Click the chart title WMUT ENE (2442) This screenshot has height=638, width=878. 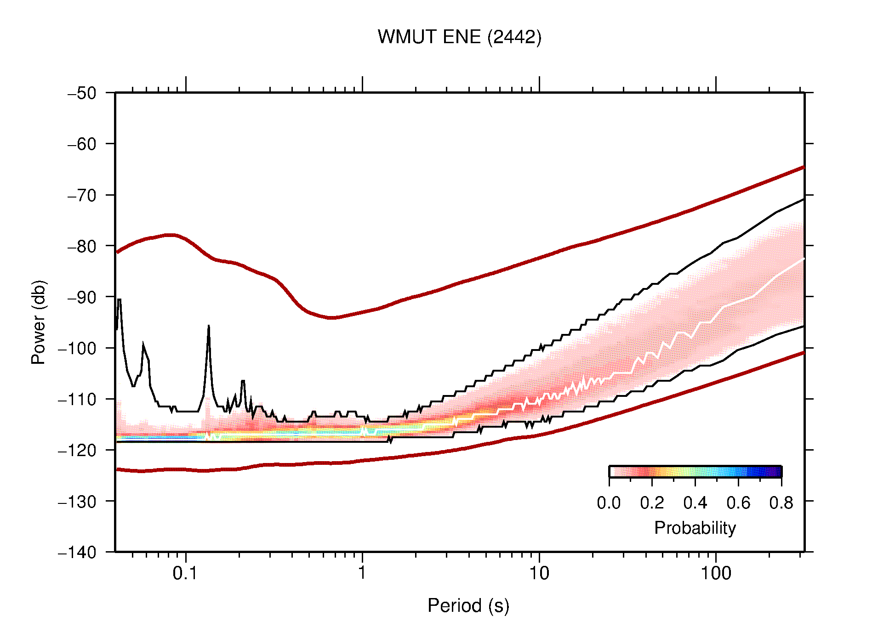[x=459, y=37]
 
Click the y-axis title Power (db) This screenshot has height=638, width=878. [x=39, y=322]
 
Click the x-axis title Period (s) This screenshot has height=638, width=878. [x=468, y=606]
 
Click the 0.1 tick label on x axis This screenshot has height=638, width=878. [x=185, y=573]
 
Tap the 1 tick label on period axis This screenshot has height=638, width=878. [x=362, y=573]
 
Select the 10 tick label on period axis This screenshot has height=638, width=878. [x=539, y=573]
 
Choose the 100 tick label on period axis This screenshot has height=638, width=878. [x=715, y=573]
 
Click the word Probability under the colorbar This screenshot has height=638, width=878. [x=695, y=528]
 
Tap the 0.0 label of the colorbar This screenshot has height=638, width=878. [x=609, y=503]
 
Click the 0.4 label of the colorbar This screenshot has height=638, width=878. [x=695, y=503]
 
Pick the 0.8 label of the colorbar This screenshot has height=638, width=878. [x=781, y=503]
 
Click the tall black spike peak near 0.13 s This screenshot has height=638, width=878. [x=209, y=326]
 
